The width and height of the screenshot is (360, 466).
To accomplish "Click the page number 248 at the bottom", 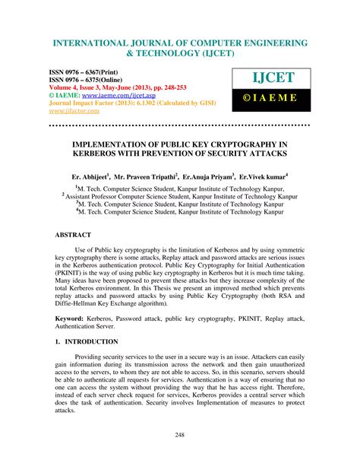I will pos(180,435).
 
